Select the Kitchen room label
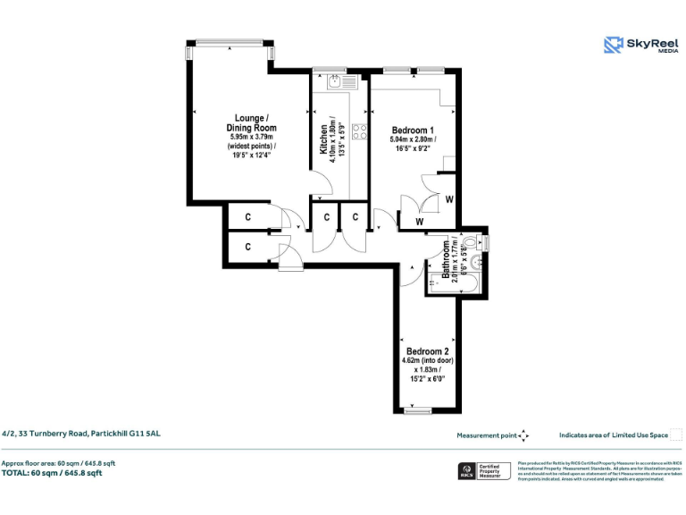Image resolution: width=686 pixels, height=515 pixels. (323, 139)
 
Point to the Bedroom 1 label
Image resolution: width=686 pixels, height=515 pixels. (412, 129)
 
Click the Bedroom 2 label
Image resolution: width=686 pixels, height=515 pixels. (427, 351)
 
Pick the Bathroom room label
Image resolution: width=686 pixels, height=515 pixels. (446, 261)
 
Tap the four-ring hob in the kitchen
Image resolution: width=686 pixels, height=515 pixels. (361, 131)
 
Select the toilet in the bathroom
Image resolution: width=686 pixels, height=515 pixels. (472, 241)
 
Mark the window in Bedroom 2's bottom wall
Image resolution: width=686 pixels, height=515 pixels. (418, 411)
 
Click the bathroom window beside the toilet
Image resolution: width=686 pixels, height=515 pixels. (486, 241)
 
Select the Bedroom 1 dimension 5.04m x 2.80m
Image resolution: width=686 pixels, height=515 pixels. (412, 139)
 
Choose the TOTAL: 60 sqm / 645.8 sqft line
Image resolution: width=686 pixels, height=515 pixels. (52, 474)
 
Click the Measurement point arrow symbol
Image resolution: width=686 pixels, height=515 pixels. (524, 435)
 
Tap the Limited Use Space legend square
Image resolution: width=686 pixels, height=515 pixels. (676, 435)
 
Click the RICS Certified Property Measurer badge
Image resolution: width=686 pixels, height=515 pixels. (481, 471)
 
